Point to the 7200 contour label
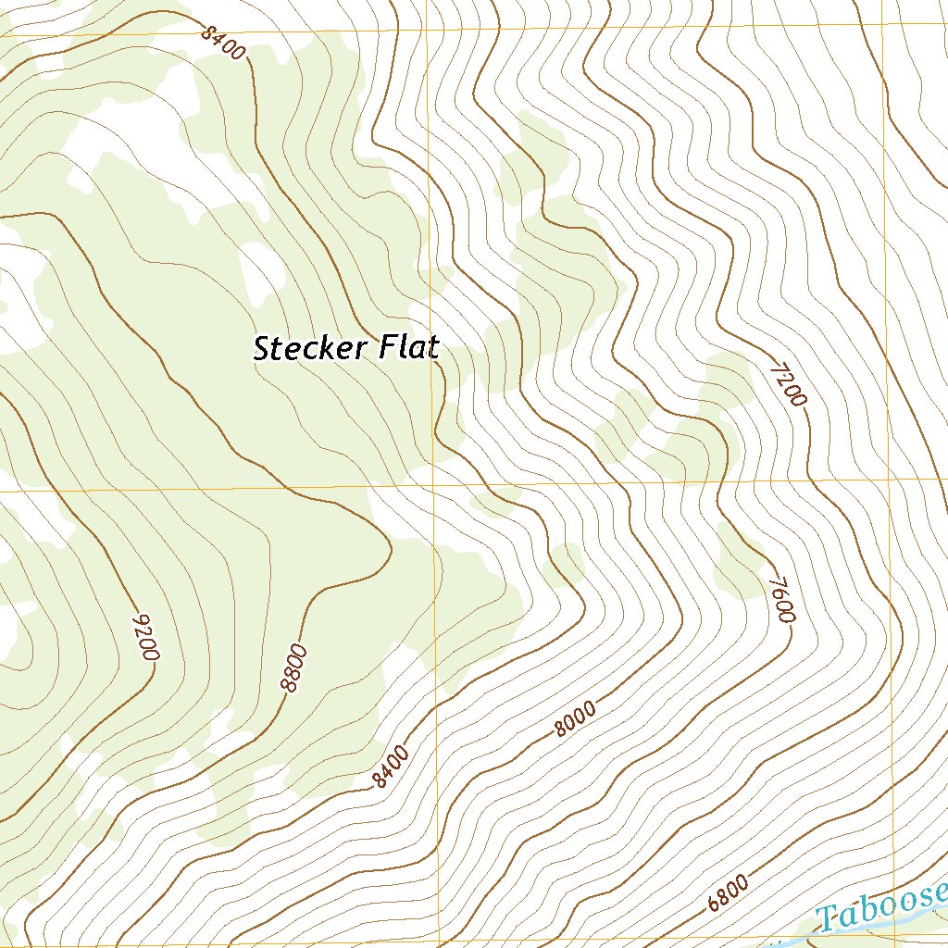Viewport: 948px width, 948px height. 789,384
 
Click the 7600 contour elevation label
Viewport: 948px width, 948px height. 781,602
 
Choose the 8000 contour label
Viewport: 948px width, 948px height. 575,719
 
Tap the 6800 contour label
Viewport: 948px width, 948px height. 728,894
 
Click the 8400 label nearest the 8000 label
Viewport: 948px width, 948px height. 391,768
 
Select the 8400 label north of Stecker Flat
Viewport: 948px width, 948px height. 223,42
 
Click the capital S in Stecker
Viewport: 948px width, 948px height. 262,350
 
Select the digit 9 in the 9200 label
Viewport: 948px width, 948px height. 141,619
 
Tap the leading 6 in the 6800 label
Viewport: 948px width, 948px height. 713,904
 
